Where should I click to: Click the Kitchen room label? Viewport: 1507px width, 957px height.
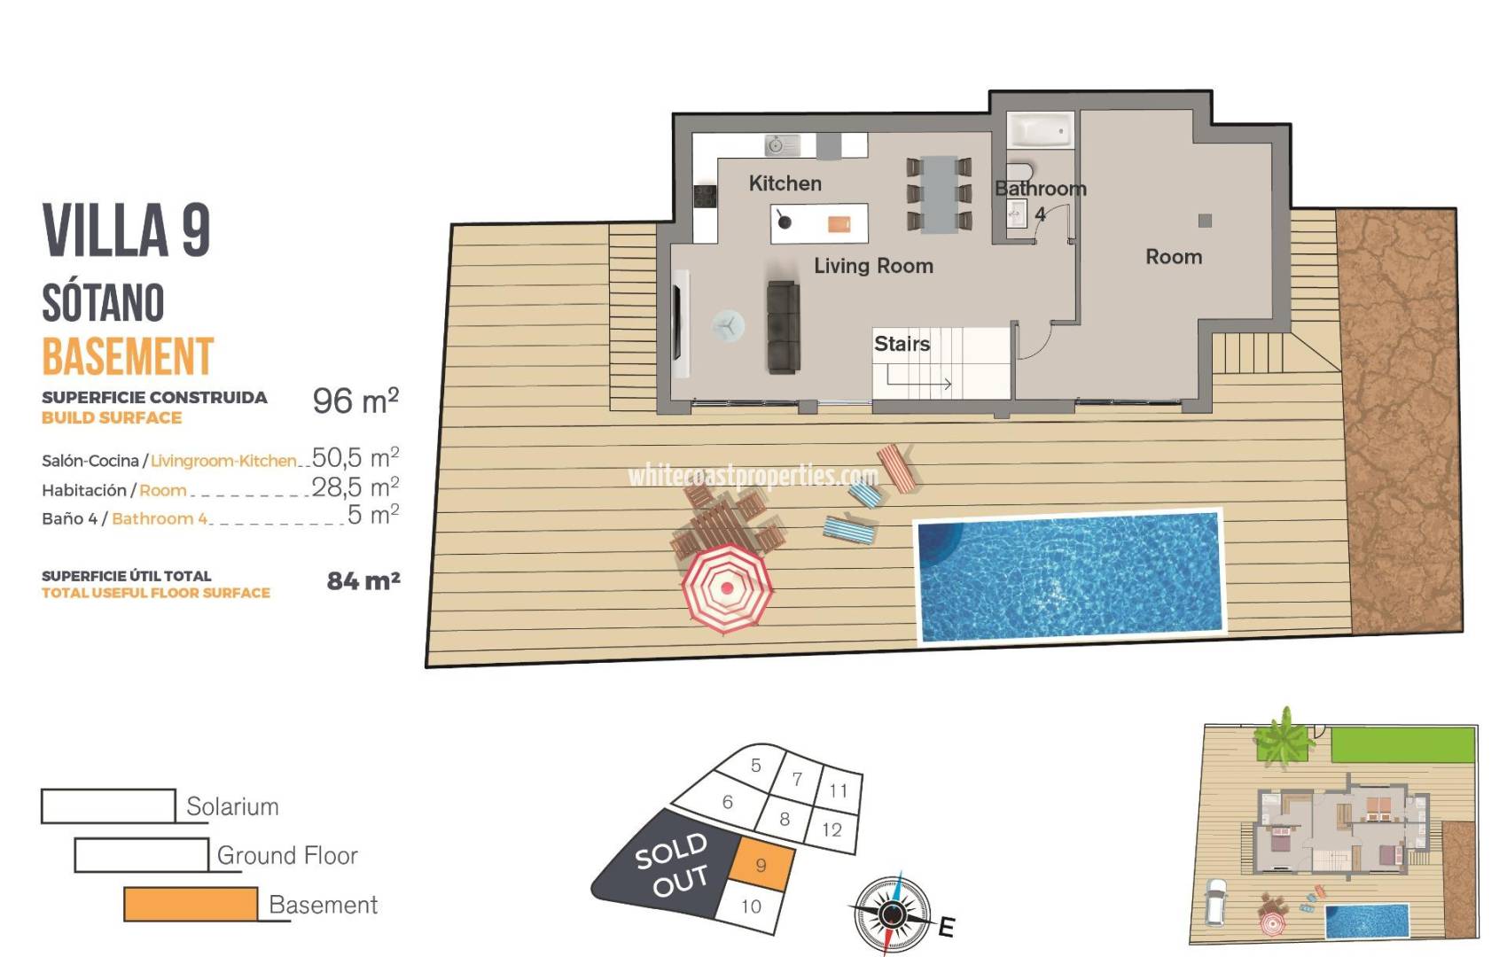(785, 183)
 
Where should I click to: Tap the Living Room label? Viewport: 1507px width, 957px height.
(873, 266)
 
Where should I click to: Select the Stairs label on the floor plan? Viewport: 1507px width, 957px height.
(902, 344)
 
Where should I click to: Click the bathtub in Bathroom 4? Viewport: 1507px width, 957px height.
(1041, 131)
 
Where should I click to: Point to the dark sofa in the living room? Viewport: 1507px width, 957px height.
(783, 327)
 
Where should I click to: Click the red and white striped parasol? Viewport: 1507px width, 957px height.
(727, 587)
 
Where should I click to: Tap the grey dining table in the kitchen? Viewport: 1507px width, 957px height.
(939, 193)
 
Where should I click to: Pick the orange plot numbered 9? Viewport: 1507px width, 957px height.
(760, 865)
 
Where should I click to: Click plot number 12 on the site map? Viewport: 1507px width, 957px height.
(832, 829)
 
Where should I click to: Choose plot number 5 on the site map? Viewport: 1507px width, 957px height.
(755, 766)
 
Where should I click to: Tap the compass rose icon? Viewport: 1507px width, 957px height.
(893, 913)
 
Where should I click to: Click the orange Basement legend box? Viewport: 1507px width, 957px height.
(191, 904)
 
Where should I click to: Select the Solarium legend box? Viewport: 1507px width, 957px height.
(108, 805)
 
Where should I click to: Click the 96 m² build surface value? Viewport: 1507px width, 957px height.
(355, 401)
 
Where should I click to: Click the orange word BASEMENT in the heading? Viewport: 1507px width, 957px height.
(128, 356)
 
